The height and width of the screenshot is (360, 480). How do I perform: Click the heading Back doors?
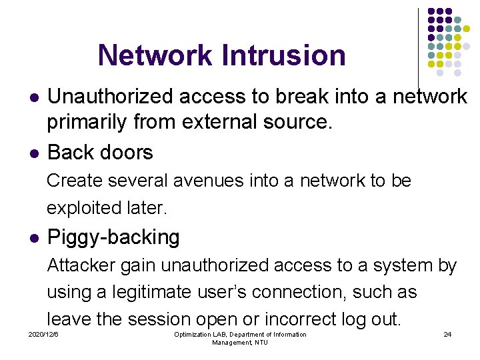pyautogui.click(x=100, y=152)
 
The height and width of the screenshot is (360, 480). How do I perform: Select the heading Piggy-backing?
pyautogui.click(x=113, y=237)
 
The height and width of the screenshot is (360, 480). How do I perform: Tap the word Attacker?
pyautogui.click(x=81, y=265)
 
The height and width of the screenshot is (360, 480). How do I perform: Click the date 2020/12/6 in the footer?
pyautogui.click(x=43, y=334)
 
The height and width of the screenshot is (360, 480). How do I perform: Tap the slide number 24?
pyautogui.click(x=447, y=334)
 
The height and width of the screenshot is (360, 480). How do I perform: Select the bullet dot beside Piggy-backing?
pyautogui.click(x=33, y=238)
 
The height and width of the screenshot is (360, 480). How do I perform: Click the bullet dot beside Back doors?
pyautogui.click(x=33, y=153)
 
